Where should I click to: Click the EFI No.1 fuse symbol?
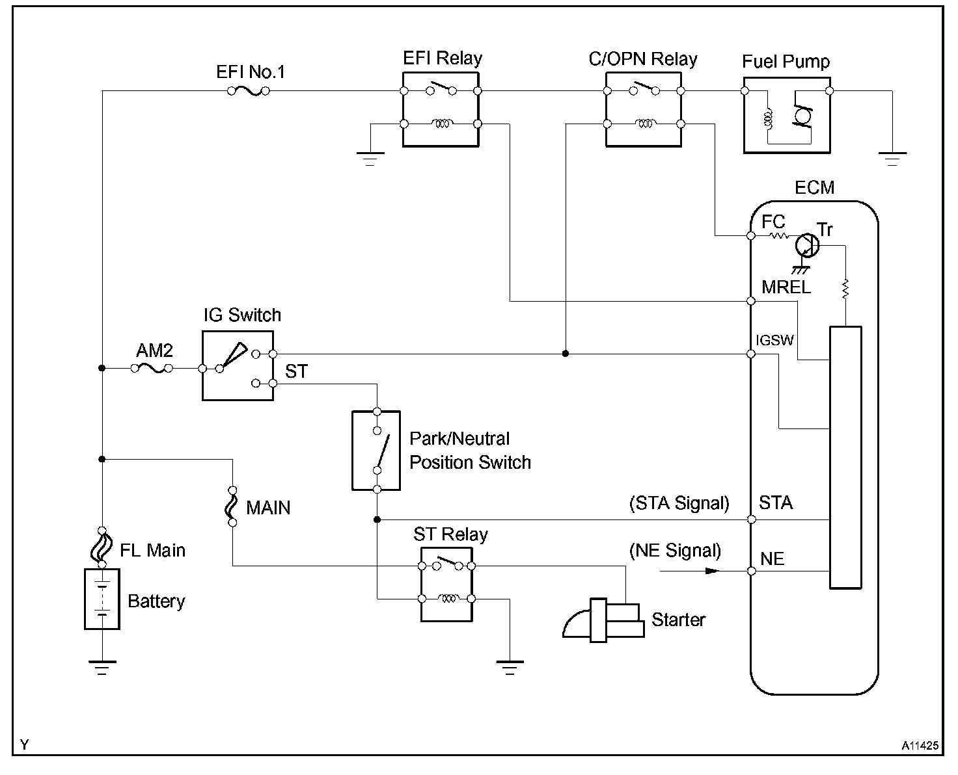click(249, 92)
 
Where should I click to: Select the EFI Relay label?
click(443, 59)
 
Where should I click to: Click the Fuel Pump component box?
click(786, 116)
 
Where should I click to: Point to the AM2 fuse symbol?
click(151, 368)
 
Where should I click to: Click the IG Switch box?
click(238, 365)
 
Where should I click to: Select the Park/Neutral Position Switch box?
click(376, 450)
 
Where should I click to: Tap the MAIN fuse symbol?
click(232, 506)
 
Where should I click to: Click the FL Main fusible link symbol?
click(102, 547)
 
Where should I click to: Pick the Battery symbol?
click(102, 599)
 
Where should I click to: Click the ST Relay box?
click(446, 583)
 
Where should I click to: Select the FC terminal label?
click(773, 222)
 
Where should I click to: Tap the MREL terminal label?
click(786, 287)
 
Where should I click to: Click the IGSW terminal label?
click(775, 340)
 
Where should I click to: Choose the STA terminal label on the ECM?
click(776, 503)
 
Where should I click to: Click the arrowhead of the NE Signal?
click(713, 571)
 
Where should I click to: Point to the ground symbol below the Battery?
click(102, 666)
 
